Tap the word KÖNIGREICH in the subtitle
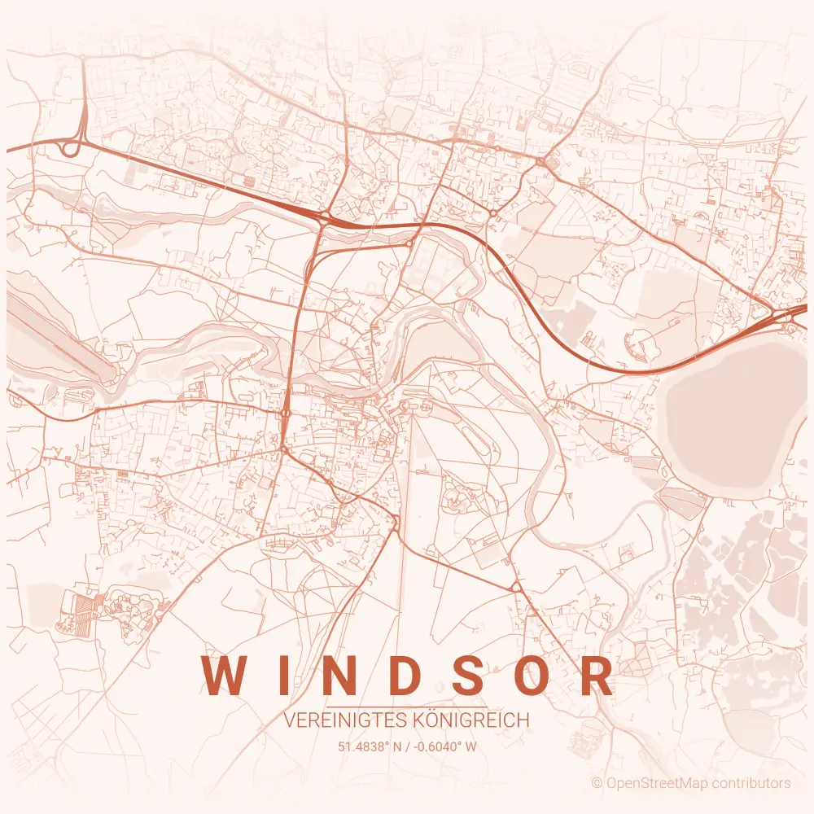click(472, 720)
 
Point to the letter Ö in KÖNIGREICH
click(431, 720)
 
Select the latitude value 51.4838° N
click(369, 746)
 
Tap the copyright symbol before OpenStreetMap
click(597, 783)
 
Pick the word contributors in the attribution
click(753, 783)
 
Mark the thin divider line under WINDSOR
click(407, 707)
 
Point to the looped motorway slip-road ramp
click(68, 148)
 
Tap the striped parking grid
click(81, 607)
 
